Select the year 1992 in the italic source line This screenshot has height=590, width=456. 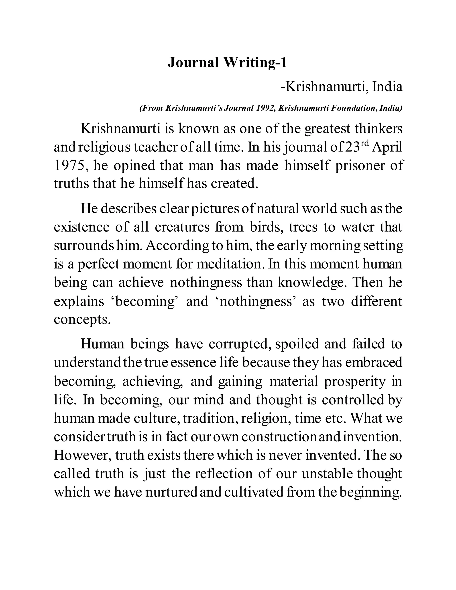point(265,108)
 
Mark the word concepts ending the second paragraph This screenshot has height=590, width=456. point(82,319)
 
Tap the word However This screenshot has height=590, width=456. point(82,456)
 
